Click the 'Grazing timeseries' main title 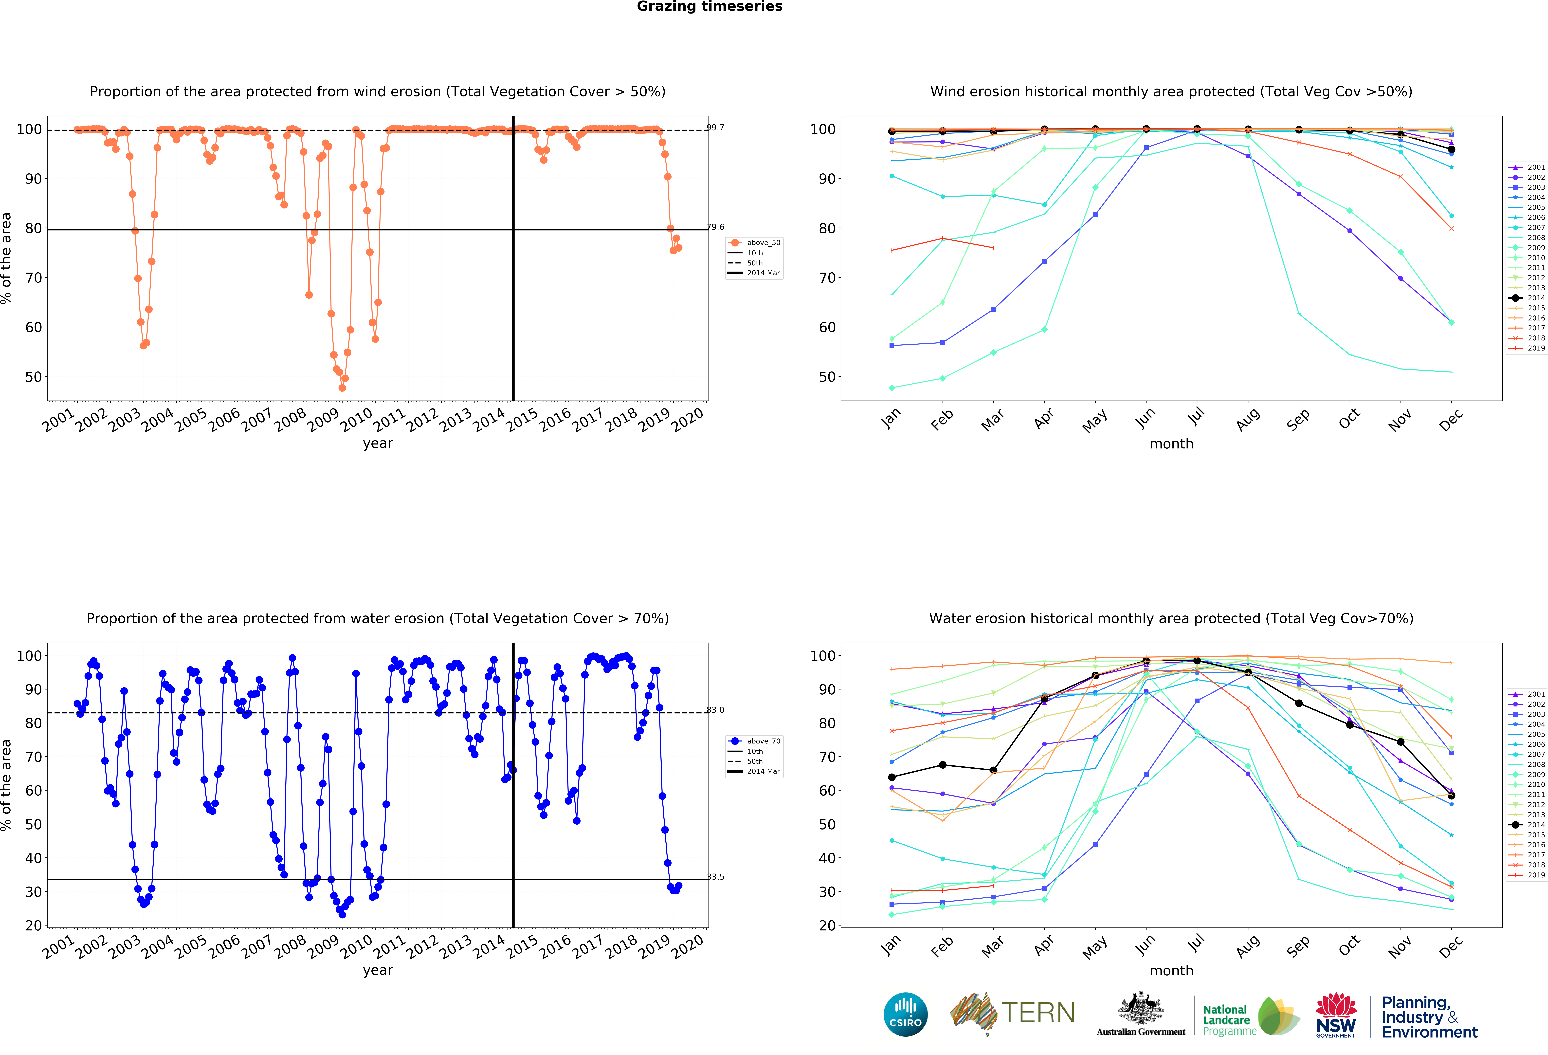(x=709, y=7)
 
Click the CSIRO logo (x=905, y=1015)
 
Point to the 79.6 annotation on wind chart (x=715, y=227)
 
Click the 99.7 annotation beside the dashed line (x=715, y=128)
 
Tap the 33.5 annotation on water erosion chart (x=715, y=876)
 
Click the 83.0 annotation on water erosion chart (x=715, y=710)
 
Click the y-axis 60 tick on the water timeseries (x=33, y=791)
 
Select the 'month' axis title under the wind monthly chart (x=1171, y=444)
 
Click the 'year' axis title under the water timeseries (x=378, y=970)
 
